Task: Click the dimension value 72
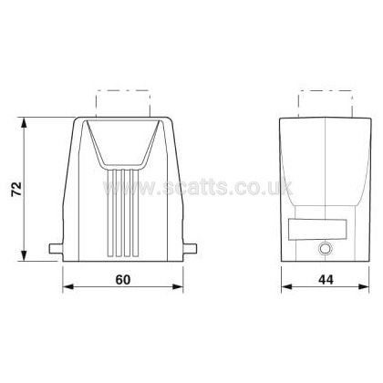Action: pos(16,189)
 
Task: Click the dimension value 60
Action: pos(123,280)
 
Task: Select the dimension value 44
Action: pos(326,280)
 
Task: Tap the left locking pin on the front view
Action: pos(57,248)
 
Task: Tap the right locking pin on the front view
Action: pos(190,248)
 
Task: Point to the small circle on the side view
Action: pos(326,249)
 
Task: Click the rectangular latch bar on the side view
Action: pos(317,229)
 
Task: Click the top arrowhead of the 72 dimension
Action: pos(24,124)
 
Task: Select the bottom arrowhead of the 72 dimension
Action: pos(24,255)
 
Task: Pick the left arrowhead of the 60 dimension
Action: pos(68,286)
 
